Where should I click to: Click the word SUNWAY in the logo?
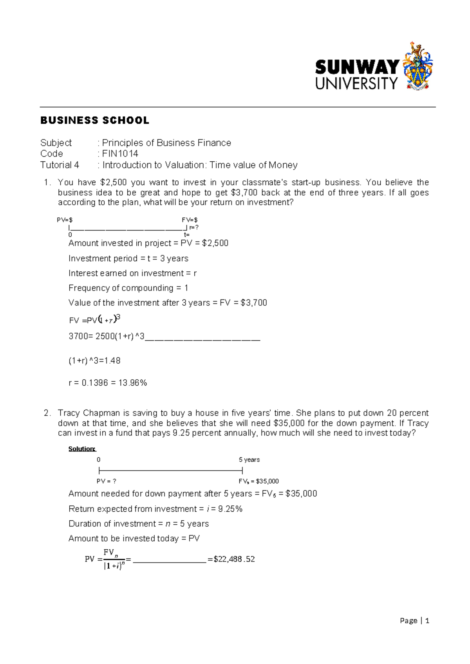coord(357,67)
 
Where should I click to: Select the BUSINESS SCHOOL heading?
coord(95,120)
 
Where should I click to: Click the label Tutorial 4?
coord(60,165)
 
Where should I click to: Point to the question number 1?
coord(47,182)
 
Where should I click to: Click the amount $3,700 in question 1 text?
coord(244,193)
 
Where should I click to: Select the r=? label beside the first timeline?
coord(194,227)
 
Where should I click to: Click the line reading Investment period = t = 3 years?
coord(128,258)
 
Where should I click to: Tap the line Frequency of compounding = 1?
coord(128,288)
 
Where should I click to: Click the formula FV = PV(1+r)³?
coord(94,320)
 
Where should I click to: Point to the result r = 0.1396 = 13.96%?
coord(108,383)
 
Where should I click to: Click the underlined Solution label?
coord(82,449)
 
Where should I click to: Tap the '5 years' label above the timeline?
coord(249,460)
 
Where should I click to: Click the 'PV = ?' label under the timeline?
coord(107,481)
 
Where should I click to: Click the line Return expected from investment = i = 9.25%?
coord(155,509)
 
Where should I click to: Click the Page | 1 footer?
coord(414,621)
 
